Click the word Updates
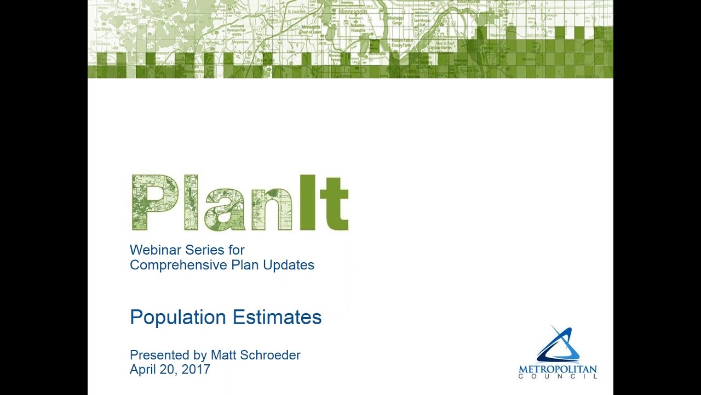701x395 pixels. pyautogui.click(x=289, y=266)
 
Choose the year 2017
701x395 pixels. pyautogui.click(x=196, y=370)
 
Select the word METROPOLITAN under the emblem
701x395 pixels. pyautogui.click(x=558, y=369)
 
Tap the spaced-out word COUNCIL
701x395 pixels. pyautogui.click(x=558, y=376)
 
